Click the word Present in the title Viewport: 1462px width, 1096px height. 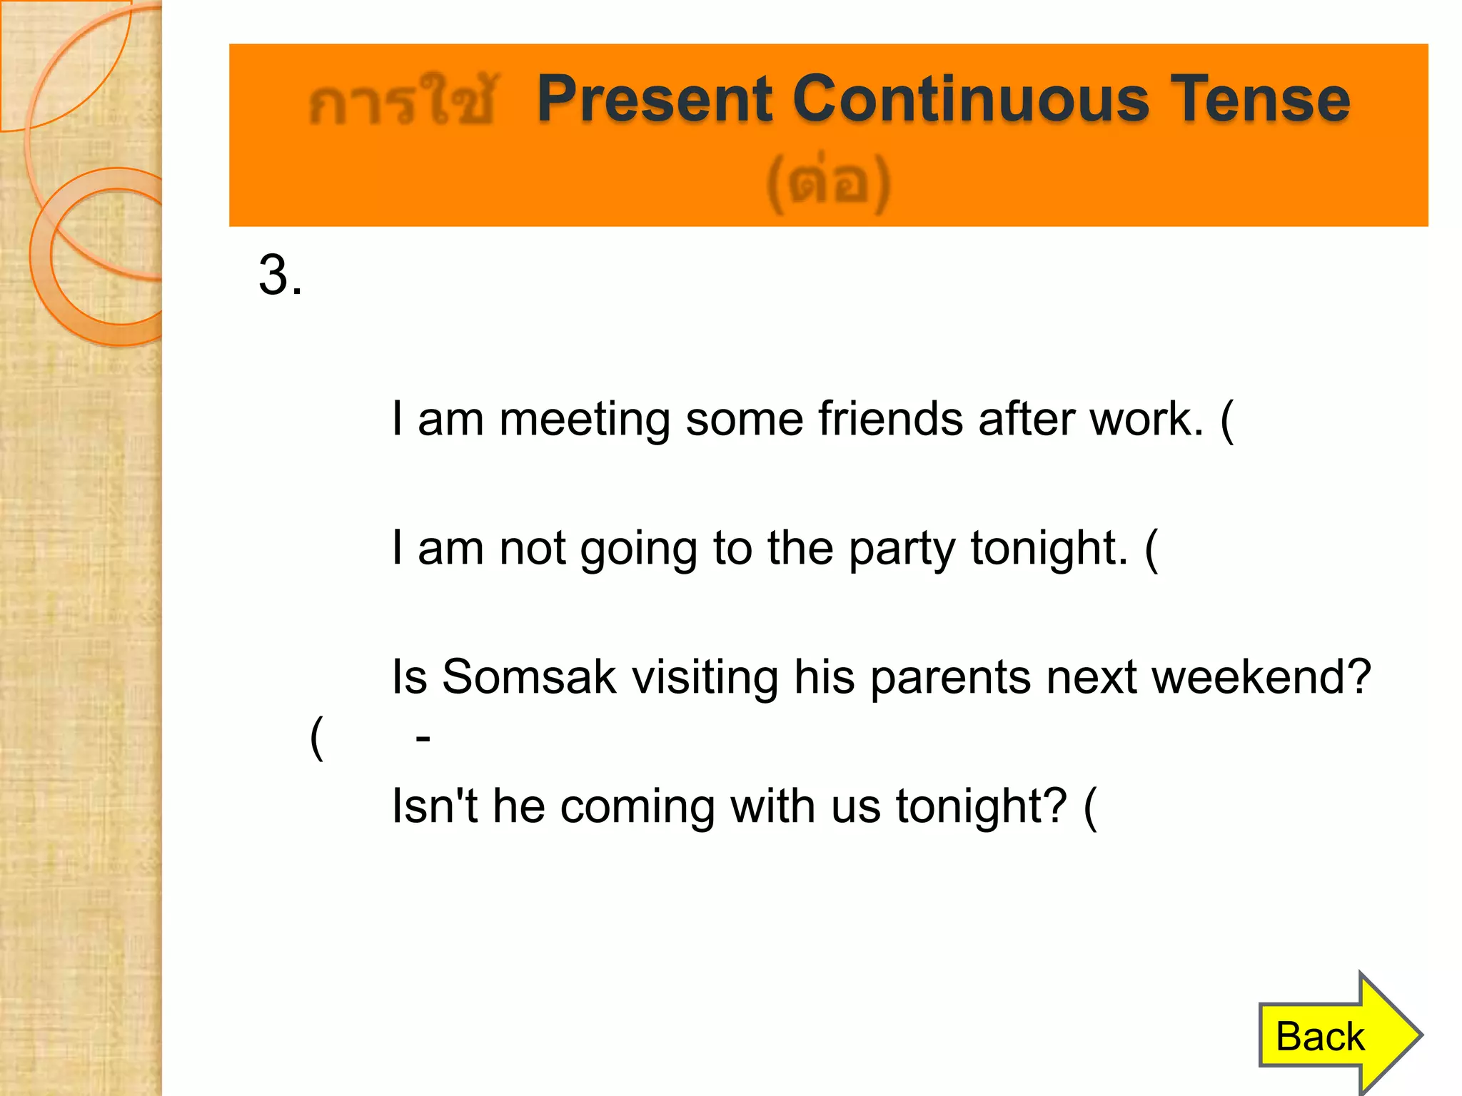654,99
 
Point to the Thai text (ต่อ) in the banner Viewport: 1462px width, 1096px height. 828,184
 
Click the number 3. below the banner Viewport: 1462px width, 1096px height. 280,275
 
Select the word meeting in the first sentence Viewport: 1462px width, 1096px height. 584,419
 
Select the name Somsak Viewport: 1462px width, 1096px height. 528,677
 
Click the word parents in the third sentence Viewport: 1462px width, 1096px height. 949,677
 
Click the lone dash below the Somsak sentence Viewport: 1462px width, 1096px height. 423,738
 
